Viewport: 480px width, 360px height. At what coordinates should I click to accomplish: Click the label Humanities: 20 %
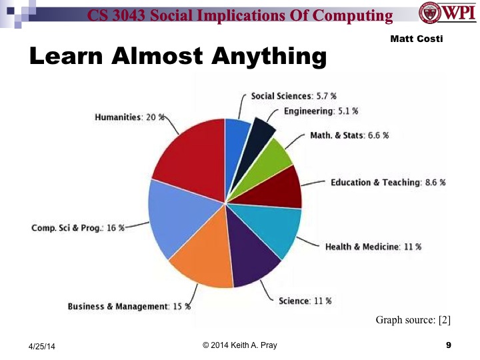(x=129, y=117)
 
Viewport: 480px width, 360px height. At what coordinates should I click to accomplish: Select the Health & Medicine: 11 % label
(x=373, y=247)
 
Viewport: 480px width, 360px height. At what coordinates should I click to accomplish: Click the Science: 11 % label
(x=304, y=301)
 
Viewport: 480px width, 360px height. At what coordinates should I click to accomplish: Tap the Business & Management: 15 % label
(x=129, y=307)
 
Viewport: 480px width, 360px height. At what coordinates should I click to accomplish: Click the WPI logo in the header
(x=447, y=13)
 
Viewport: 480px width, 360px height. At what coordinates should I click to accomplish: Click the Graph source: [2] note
(x=413, y=321)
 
